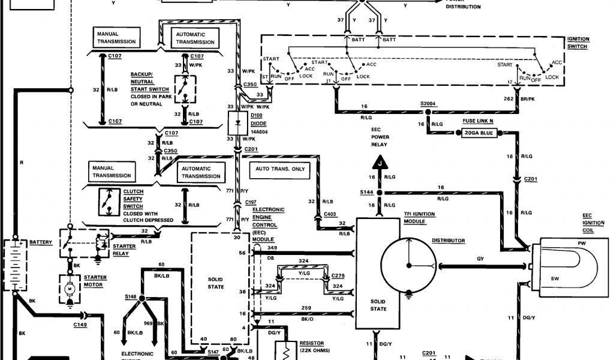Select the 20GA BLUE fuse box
(x=480, y=132)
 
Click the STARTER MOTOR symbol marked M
(x=70, y=289)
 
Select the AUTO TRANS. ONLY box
(x=281, y=169)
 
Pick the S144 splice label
(x=366, y=192)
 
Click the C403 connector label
(x=330, y=214)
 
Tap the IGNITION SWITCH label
(x=579, y=43)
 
